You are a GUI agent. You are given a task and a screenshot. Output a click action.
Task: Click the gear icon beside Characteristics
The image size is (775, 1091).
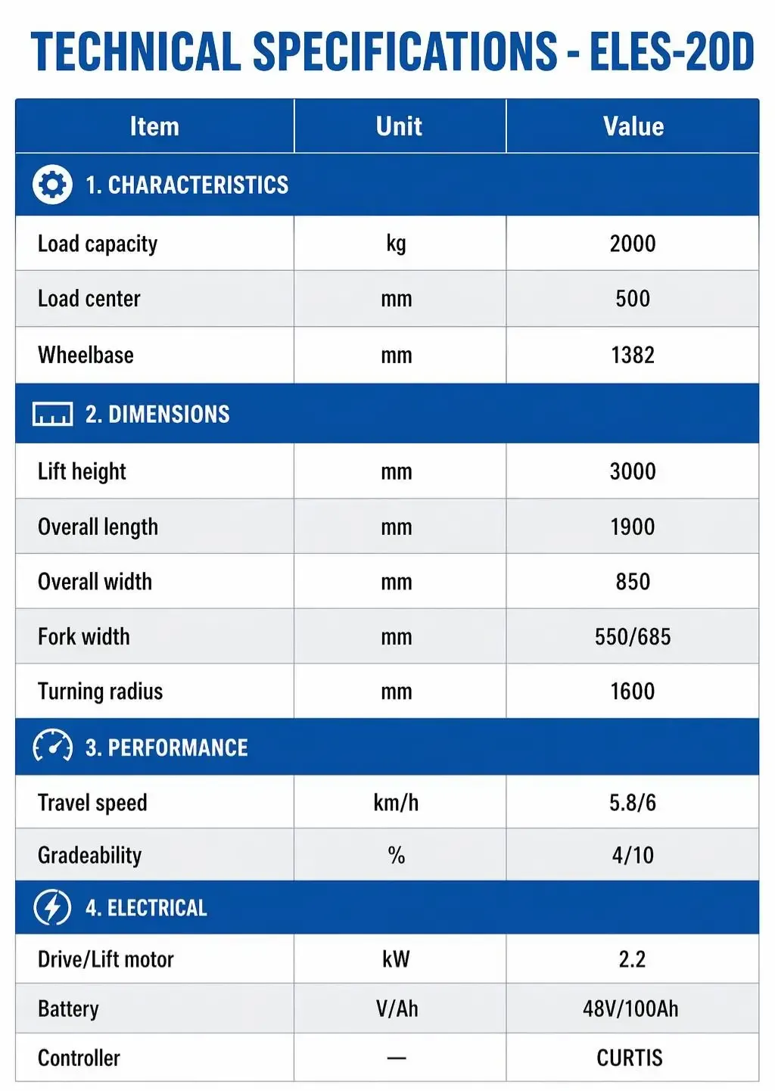pos(52,185)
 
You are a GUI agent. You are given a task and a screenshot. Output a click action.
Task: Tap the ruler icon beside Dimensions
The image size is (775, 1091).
pos(53,414)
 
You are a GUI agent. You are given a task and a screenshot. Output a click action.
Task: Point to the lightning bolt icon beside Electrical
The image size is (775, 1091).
pos(53,907)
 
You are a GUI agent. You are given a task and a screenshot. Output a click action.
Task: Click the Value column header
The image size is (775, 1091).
pos(633,126)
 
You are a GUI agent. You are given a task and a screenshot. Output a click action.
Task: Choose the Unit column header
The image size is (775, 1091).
pos(399,126)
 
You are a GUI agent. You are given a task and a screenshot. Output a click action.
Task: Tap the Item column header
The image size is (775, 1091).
pos(154,126)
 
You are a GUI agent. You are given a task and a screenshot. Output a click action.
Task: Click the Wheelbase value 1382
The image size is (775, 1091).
pos(633,355)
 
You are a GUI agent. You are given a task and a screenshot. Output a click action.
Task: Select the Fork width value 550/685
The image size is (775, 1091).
pos(633,636)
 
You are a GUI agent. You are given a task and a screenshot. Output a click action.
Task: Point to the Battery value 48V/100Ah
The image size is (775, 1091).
pos(630,1008)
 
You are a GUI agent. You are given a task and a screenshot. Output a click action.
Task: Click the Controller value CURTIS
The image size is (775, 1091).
pos(630,1058)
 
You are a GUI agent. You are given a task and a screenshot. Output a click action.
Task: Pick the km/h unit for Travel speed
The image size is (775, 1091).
pos(396,802)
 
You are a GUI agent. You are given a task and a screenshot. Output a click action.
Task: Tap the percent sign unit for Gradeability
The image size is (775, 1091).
pos(397,855)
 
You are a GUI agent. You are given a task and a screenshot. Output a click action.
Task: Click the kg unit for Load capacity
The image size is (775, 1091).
pos(396,244)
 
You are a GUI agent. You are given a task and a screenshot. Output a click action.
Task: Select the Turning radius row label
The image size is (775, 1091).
pos(101,691)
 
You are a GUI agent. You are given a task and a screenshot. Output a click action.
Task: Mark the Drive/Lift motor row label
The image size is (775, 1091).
pos(106,959)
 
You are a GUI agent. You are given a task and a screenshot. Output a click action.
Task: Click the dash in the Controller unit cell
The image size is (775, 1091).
pos(397,1058)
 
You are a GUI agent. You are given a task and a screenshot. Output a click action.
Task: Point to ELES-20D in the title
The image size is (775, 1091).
pos(672,51)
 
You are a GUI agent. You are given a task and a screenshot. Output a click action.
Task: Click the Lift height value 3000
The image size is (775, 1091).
pos(633,471)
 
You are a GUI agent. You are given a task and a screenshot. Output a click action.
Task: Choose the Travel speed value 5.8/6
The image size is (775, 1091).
pos(633,802)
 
